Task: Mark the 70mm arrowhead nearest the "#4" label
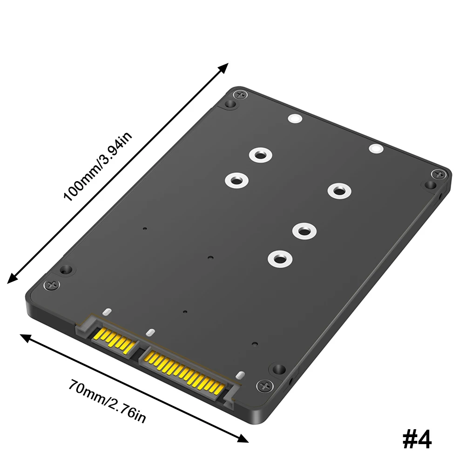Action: (x=243, y=438)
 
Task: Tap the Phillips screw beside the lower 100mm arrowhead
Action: (x=51, y=284)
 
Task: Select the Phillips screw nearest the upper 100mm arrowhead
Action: (x=240, y=95)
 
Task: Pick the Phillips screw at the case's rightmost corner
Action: (x=438, y=175)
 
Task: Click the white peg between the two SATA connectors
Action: (x=150, y=332)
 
